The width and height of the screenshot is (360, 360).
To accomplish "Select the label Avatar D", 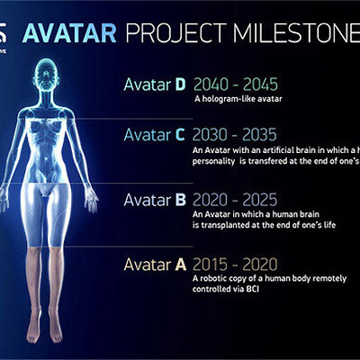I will coord(155,85).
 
